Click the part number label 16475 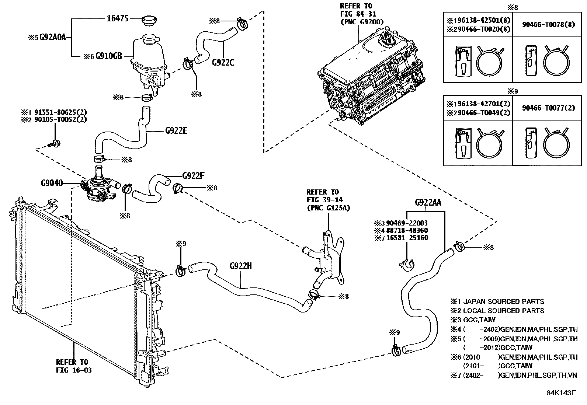(118, 18)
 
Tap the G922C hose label (223, 63)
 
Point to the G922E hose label (176, 130)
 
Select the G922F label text (193, 176)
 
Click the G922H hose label (240, 266)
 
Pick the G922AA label (428, 202)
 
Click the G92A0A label (52, 37)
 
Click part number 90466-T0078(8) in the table (548, 25)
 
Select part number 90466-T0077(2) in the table (548, 108)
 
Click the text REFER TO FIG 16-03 (73, 366)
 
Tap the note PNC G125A (328, 207)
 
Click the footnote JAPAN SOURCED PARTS (503, 301)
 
